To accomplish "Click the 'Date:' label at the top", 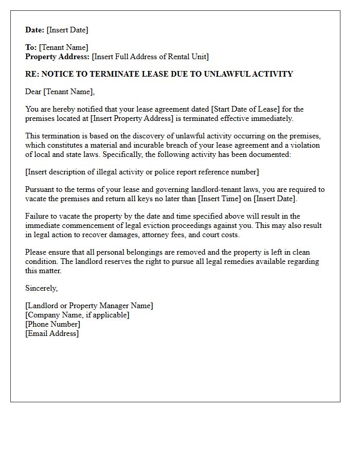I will click(35, 30).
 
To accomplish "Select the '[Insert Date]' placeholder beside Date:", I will click(67, 30).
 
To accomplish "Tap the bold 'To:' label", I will click(31, 47).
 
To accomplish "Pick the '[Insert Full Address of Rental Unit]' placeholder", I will click(150, 57).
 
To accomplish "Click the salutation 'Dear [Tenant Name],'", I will click(60, 92).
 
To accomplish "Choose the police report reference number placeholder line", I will click(142, 172).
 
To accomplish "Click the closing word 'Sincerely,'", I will click(42, 288).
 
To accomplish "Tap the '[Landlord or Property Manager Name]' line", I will click(89, 306).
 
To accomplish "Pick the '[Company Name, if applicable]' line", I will click(77, 315).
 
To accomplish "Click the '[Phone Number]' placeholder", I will click(52, 324).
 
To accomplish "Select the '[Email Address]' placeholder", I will click(52, 333).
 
